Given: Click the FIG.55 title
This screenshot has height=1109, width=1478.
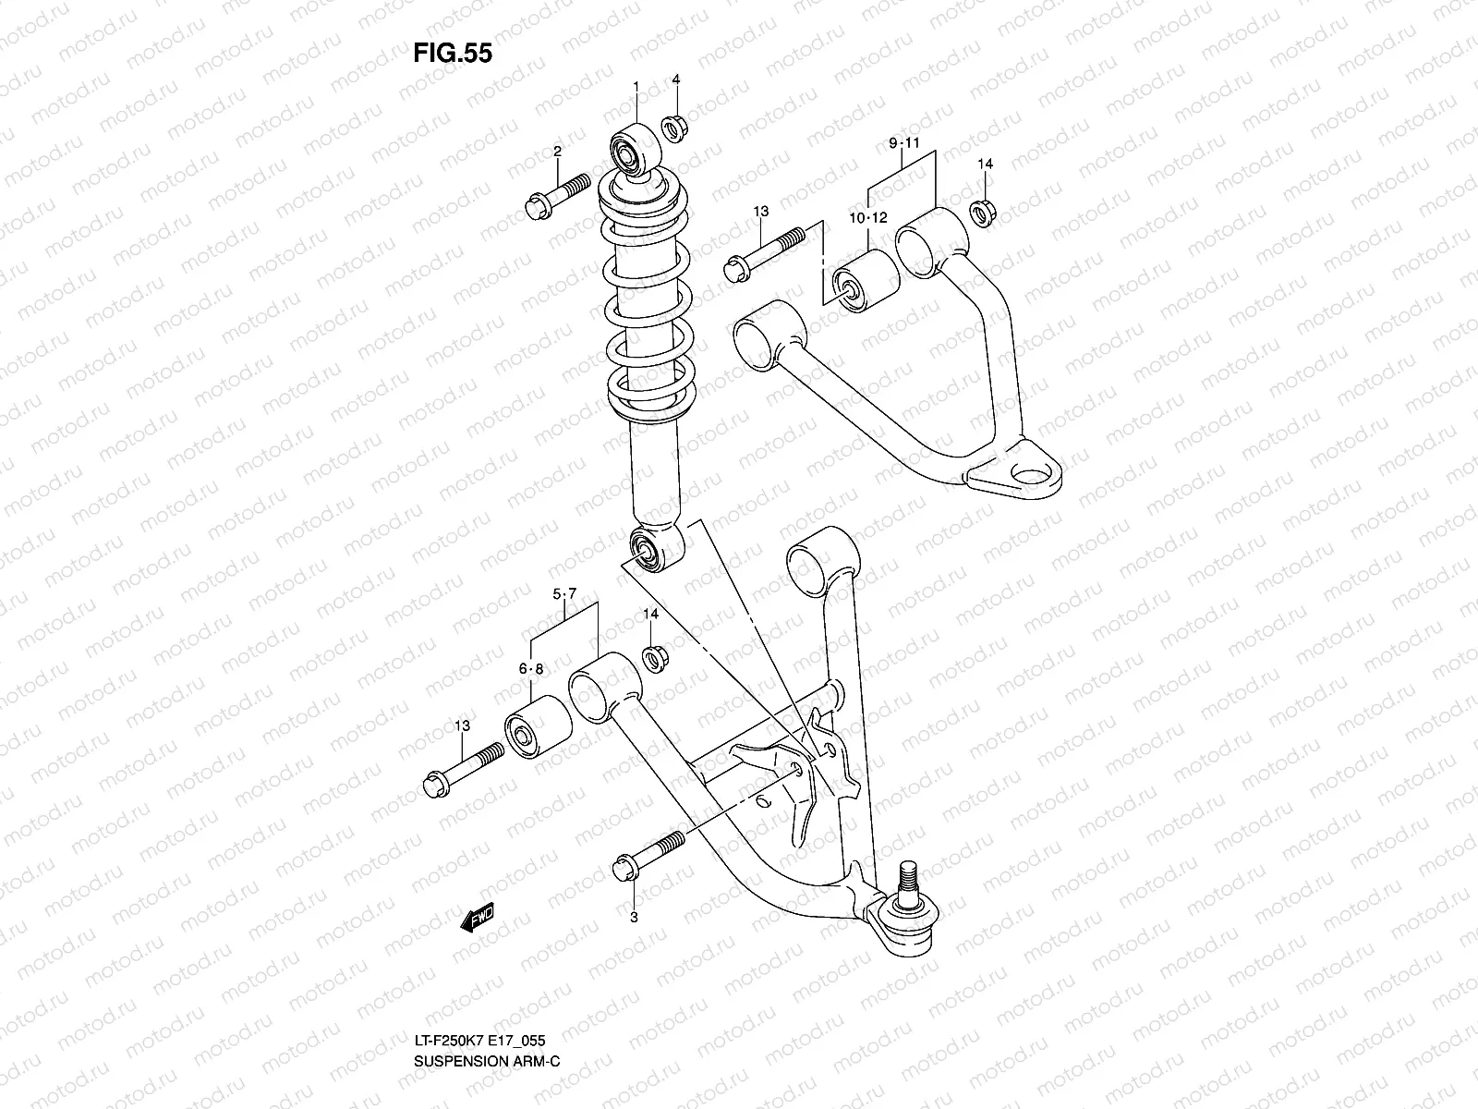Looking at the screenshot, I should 452,54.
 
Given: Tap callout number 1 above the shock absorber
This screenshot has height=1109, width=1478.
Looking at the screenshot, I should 636,87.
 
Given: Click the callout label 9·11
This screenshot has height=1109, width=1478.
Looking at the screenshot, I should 905,143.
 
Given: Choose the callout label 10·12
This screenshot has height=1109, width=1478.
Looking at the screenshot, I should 868,218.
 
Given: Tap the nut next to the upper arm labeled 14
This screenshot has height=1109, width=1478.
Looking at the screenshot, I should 983,213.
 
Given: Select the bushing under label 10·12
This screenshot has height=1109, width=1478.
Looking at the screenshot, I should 866,281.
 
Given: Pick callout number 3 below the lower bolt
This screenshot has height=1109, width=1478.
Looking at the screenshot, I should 635,917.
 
